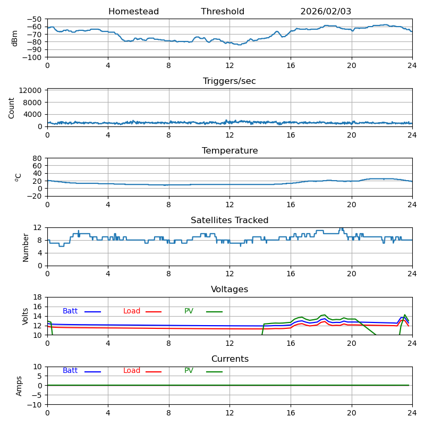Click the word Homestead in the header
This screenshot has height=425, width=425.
tap(133, 12)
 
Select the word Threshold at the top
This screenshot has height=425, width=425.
tap(223, 12)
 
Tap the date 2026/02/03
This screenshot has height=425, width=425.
tap(326, 12)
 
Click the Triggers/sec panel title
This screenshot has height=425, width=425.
tap(229, 81)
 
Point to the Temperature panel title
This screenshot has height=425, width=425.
tap(229, 151)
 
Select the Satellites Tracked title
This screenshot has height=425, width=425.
tap(229, 220)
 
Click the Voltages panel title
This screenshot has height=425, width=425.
tap(229, 290)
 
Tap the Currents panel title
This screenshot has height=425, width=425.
tap(229, 359)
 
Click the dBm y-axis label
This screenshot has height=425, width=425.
tap(15, 38)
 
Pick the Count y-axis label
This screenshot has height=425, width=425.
tap(12, 108)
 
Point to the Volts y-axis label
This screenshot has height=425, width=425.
tap(25, 316)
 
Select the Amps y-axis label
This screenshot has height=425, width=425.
tap(19, 386)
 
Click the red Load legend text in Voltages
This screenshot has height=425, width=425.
tap(132, 311)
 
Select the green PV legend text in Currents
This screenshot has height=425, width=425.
tap(189, 371)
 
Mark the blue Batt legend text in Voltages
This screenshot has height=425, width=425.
tap(70, 311)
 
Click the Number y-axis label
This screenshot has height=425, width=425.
tap(25, 247)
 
